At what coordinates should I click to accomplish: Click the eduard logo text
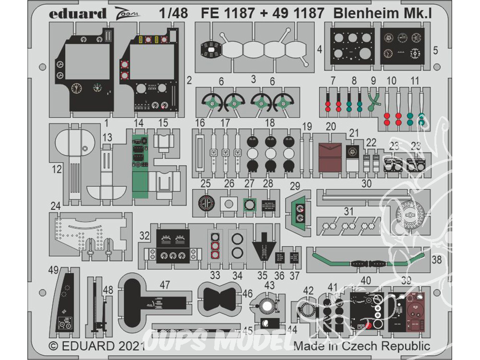click(x=77, y=14)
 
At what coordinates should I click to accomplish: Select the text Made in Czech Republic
click(x=362, y=346)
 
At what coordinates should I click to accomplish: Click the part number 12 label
click(x=57, y=169)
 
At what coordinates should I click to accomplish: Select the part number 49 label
click(x=53, y=270)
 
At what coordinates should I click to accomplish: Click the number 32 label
click(x=144, y=235)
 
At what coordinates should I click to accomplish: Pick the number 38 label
click(x=436, y=260)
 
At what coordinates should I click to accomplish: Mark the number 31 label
click(x=348, y=211)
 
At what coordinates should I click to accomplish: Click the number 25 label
click(x=205, y=183)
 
